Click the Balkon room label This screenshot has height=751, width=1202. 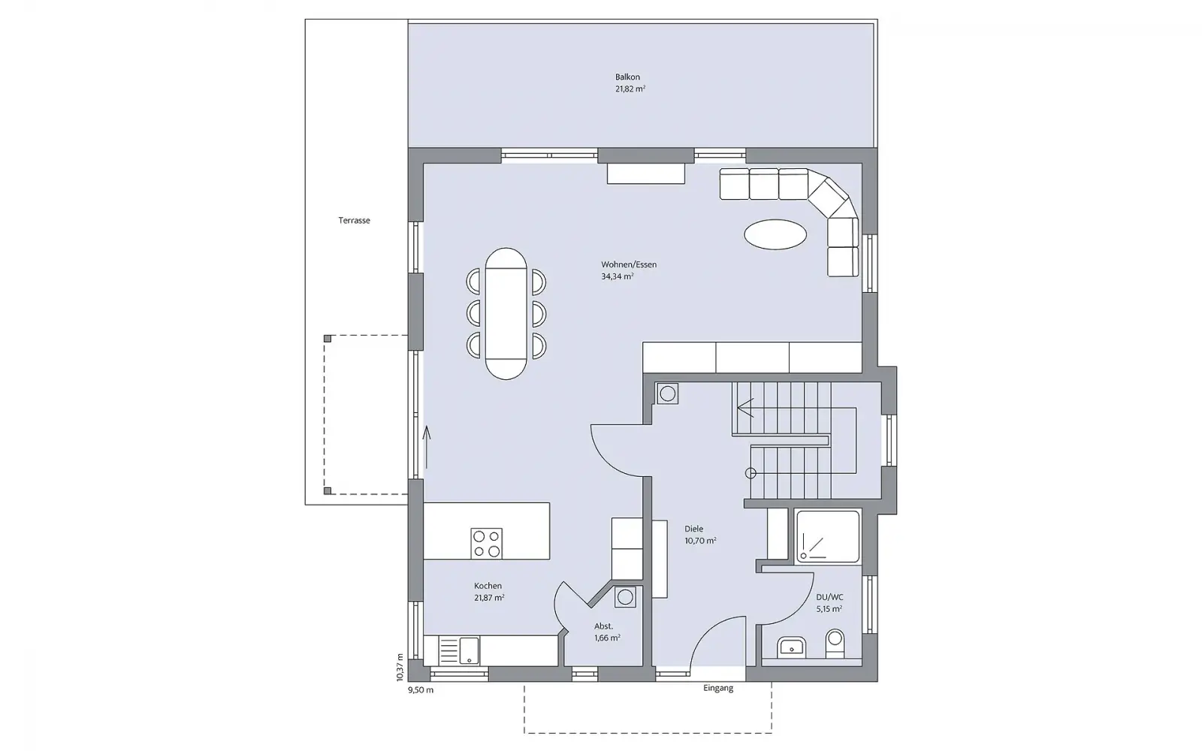627,77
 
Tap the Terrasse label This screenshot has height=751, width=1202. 354,221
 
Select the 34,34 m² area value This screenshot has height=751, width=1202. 617,277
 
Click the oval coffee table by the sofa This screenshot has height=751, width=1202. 775,234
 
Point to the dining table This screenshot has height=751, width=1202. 506,314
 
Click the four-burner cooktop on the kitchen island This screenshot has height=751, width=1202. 487,544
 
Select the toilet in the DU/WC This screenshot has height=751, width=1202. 835,644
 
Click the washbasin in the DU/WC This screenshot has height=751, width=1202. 791,647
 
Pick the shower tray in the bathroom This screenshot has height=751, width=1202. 828,536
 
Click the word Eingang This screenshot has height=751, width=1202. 718,688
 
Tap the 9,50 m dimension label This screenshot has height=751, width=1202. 421,690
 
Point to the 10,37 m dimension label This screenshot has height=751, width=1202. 400,668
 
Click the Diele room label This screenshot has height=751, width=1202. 694,529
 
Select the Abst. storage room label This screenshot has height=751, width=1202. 604,626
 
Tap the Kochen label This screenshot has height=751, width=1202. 488,586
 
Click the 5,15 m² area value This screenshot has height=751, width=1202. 829,609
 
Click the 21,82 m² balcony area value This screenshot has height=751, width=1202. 630,89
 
